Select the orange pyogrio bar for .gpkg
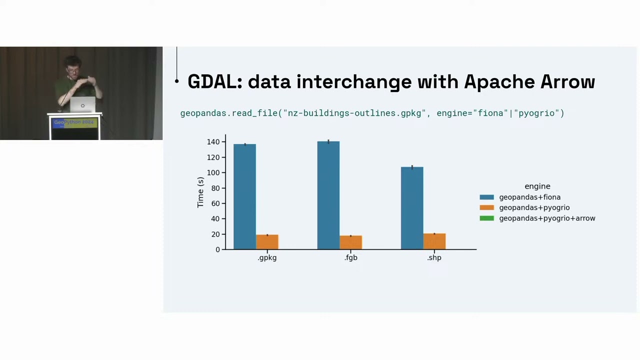tap(267, 242)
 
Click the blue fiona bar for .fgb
tap(328, 195)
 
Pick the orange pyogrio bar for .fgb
tap(350, 242)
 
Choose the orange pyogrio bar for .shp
tap(434, 241)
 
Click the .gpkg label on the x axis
tap(267, 257)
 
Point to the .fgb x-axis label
tap(351, 257)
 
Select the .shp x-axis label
tap(434, 257)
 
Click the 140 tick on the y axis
tap(213, 142)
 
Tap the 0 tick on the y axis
tap(217, 249)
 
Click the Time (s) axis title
tap(200, 192)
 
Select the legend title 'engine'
tap(537, 186)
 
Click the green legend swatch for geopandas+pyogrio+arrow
tap(486, 218)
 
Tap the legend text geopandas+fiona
tap(529, 197)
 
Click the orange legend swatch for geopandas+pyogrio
tap(486, 207)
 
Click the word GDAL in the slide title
tap(214, 82)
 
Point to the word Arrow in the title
tap(567, 82)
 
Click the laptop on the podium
tap(82, 105)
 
